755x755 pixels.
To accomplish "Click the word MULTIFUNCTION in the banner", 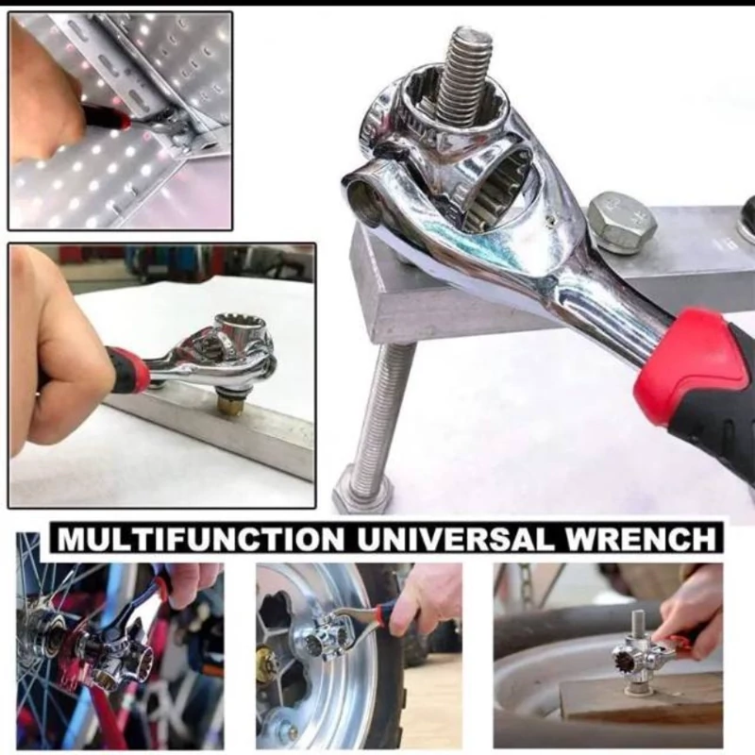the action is [x=200, y=539].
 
